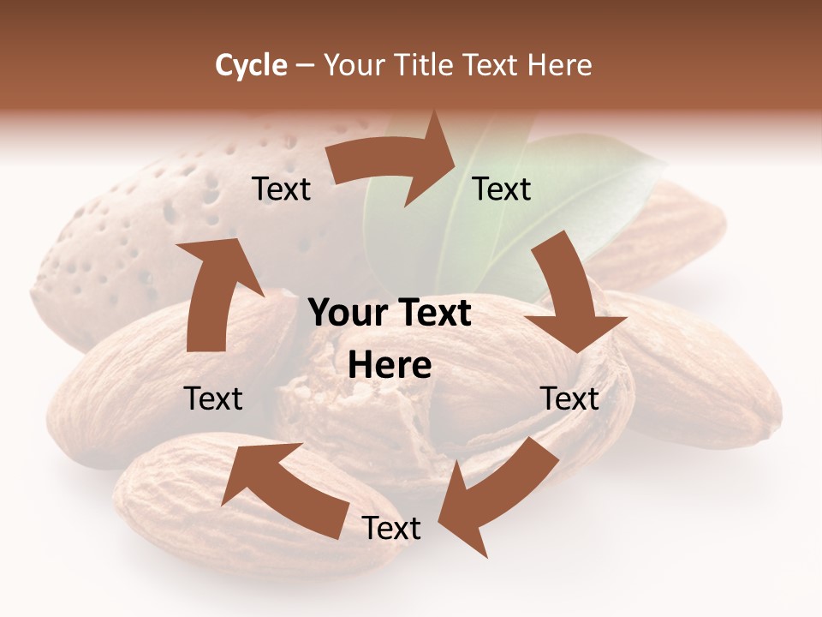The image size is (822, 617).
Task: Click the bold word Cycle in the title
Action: tap(251, 65)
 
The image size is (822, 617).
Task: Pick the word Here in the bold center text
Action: tap(390, 366)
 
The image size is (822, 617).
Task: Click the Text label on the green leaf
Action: tap(502, 189)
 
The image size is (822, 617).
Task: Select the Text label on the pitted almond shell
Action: tap(281, 189)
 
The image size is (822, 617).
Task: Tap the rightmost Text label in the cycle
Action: tap(569, 398)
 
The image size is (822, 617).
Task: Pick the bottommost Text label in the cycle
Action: tap(391, 529)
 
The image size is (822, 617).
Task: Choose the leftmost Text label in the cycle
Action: tap(213, 398)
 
